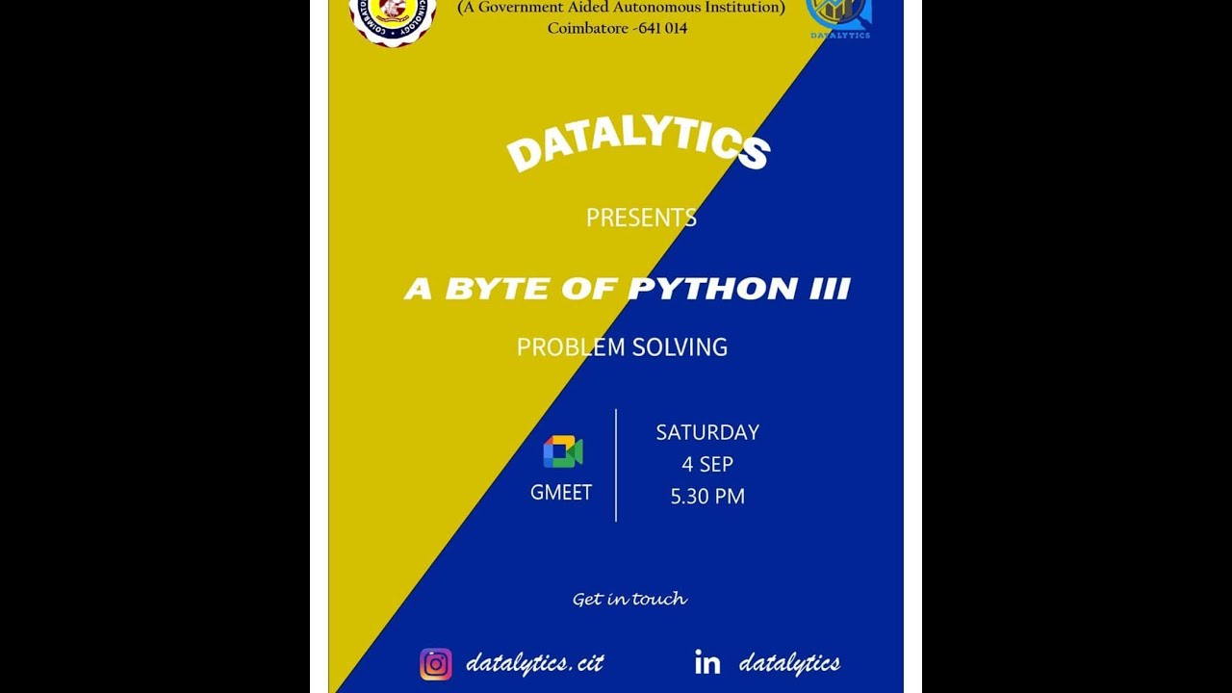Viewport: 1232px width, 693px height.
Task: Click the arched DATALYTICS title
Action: pyautogui.click(x=637, y=145)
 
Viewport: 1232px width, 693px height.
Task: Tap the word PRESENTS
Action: pyautogui.click(x=641, y=218)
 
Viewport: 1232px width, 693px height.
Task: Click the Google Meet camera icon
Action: pyautogui.click(x=562, y=451)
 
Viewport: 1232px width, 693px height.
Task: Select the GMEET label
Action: pyautogui.click(x=561, y=493)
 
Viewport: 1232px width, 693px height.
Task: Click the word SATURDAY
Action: pyautogui.click(x=707, y=432)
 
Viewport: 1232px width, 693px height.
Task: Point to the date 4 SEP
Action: pyautogui.click(x=707, y=464)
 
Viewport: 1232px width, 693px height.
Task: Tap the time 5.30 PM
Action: pyautogui.click(x=707, y=497)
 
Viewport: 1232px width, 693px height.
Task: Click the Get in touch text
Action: pyautogui.click(x=629, y=599)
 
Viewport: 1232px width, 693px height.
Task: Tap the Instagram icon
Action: pyautogui.click(x=436, y=664)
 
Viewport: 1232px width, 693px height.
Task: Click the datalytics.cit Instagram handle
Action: pyautogui.click(x=534, y=663)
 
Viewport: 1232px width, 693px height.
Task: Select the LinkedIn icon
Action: pyautogui.click(x=707, y=662)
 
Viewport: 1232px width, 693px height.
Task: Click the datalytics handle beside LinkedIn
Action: pyautogui.click(x=789, y=663)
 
